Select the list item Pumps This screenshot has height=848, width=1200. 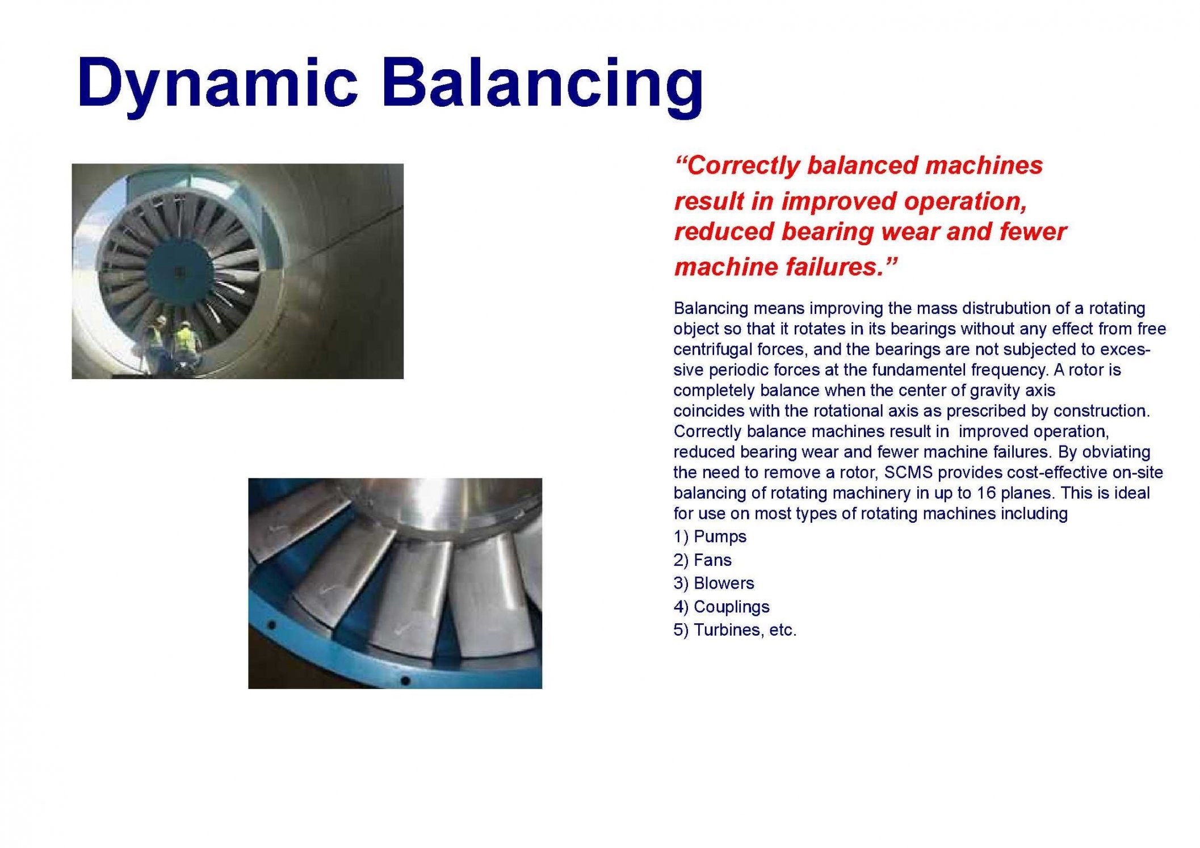point(710,537)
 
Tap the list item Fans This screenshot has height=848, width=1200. point(702,560)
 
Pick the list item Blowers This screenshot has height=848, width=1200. point(714,583)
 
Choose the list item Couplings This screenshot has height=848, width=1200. point(721,607)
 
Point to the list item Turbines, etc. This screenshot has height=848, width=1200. point(735,630)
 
